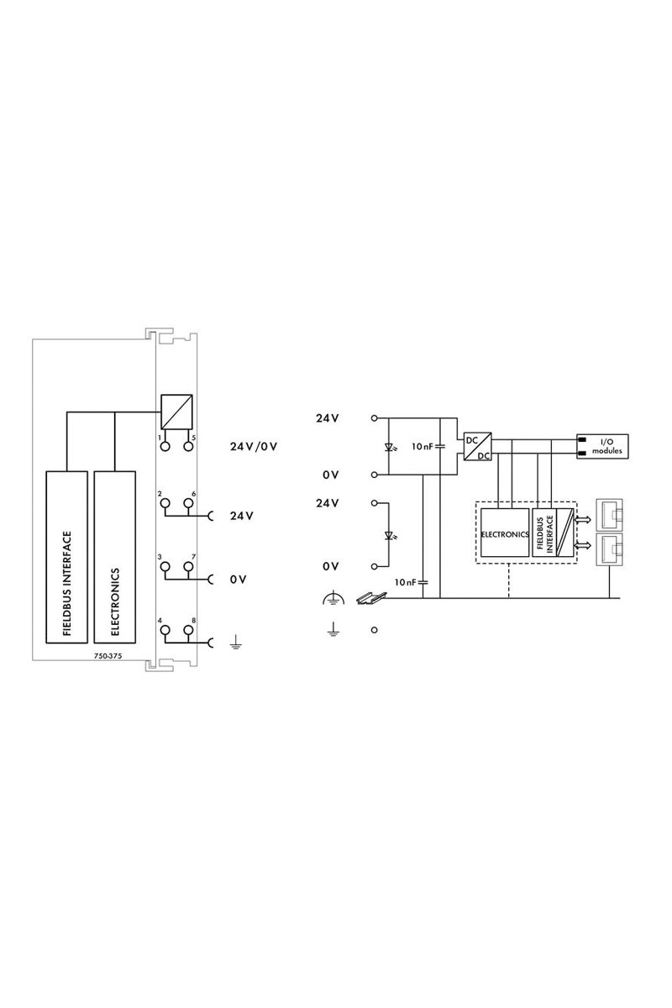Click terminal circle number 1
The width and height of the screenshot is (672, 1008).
click(165, 446)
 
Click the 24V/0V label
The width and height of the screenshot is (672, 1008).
click(254, 446)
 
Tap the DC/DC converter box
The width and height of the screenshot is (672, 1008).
click(476, 446)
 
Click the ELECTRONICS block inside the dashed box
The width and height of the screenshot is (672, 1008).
click(504, 533)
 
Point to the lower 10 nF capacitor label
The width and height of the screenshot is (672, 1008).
click(406, 582)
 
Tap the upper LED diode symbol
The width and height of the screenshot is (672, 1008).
click(387, 446)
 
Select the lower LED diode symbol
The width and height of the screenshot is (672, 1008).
click(387, 535)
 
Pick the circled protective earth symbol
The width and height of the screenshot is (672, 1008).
click(333, 598)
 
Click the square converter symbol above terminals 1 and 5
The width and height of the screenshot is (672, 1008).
click(177, 412)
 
